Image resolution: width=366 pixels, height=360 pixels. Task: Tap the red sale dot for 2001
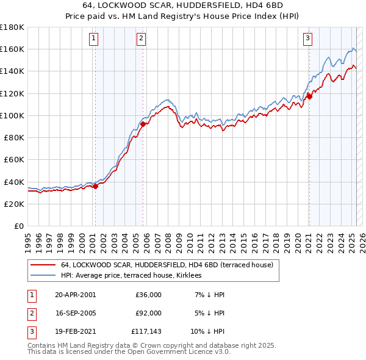point(96,187)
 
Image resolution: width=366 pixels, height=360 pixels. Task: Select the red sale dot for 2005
point(143,124)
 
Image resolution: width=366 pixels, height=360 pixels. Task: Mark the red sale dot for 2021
point(309,96)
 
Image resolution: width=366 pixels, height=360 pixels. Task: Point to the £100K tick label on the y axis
point(12,115)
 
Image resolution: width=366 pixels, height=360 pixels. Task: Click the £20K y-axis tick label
point(14,204)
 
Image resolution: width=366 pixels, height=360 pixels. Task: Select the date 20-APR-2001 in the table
point(75,295)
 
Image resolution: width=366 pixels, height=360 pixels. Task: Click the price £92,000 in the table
point(148,313)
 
